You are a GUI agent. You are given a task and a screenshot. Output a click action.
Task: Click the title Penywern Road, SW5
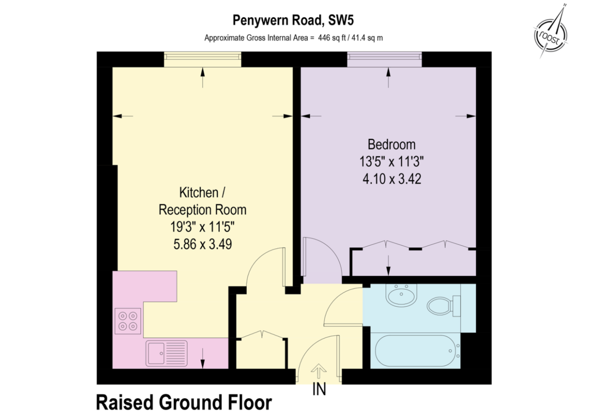[293, 20]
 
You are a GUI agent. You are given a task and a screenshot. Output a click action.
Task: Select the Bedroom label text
[391, 145]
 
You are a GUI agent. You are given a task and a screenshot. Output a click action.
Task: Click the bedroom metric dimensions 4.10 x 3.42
[391, 179]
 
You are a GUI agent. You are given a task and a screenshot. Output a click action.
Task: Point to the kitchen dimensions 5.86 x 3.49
[202, 244]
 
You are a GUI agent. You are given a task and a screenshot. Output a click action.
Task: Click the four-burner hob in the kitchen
[128, 321]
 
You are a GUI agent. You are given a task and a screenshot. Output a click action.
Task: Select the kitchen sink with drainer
[166, 353]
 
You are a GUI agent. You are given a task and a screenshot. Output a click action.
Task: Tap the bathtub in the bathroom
[416, 351]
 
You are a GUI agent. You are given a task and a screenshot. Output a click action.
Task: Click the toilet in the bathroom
[442, 306]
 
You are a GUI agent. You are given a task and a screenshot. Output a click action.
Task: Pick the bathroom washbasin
[401, 295]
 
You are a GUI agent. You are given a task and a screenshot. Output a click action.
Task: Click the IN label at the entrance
[319, 390]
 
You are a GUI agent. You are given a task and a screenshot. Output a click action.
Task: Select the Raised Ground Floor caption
[184, 402]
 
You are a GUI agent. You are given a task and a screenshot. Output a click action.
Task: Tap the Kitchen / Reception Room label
[202, 201]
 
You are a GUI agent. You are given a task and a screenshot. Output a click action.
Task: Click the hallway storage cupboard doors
[261, 336]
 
